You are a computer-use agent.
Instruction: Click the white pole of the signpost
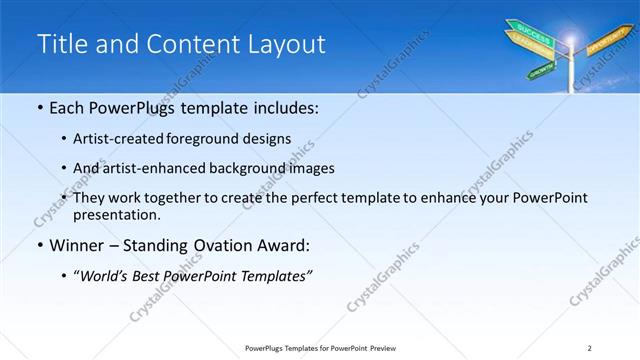coord(572,75)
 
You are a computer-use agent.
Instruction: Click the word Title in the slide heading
coord(63,44)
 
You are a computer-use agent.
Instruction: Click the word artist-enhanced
coord(155,168)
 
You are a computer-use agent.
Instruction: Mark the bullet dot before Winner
coord(39,244)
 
